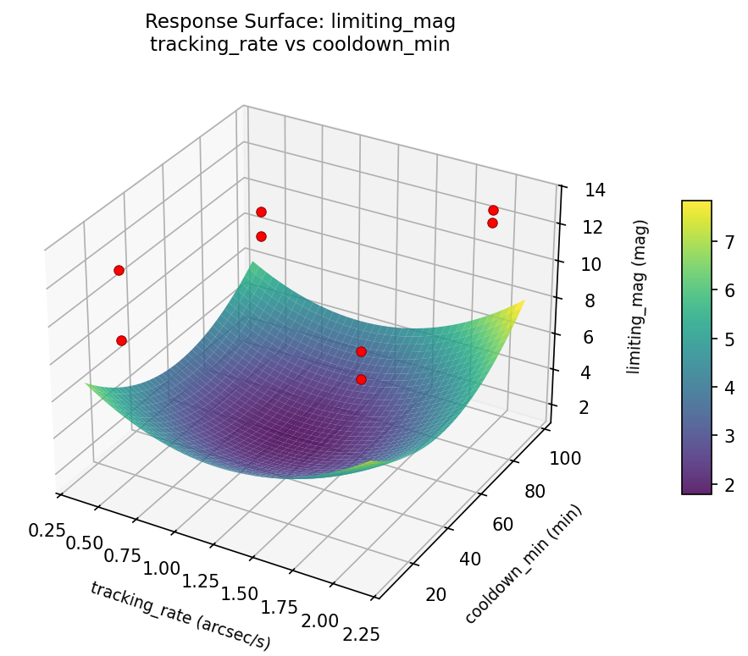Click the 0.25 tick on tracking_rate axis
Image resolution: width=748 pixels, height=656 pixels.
pos(47,531)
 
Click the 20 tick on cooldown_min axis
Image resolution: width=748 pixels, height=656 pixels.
pos(435,593)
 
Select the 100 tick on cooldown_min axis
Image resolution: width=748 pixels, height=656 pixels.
pos(568,457)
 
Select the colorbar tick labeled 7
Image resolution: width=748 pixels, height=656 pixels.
pos(725,242)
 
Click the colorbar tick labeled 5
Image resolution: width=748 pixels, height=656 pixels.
pos(725,339)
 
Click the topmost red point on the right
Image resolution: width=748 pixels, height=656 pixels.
pos(493,210)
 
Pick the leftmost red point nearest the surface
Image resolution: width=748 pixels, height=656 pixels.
pos(121,340)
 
